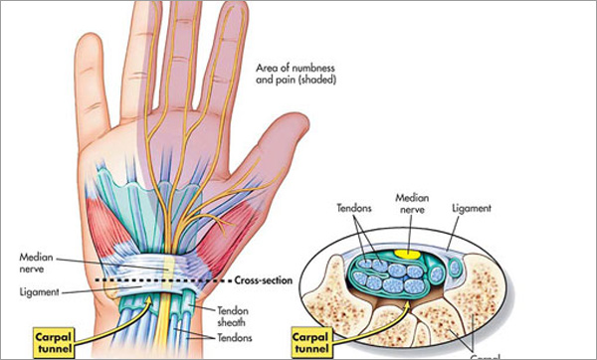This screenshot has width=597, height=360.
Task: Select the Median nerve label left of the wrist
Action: [x=38, y=262]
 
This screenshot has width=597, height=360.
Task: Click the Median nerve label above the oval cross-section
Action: [x=412, y=204]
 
